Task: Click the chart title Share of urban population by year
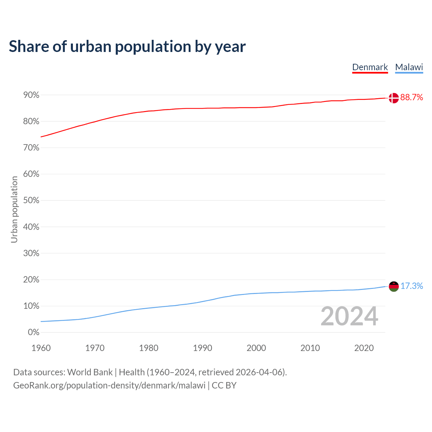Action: click(127, 47)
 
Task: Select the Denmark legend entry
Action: click(370, 67)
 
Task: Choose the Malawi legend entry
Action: click(409, 67)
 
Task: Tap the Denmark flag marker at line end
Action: click(394, 98)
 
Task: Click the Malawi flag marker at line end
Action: click(394, 286)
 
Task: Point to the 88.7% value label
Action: click(411, 98)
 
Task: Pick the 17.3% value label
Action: click(411, 286)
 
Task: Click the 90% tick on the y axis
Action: click(31, 95)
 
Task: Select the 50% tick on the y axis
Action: click(31, 200)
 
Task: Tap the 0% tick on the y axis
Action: click(33, 332)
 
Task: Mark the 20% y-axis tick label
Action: click(31, 280)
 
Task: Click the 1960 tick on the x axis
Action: click(41, 348)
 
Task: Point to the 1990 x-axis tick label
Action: click(202, 348)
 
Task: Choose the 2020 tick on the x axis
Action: click(364, 348)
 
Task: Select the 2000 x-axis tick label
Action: click(256, 348)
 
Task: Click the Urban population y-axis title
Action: click(14, 209)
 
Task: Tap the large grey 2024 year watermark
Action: click(349, 316)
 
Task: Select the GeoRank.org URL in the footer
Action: click(109, 385)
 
